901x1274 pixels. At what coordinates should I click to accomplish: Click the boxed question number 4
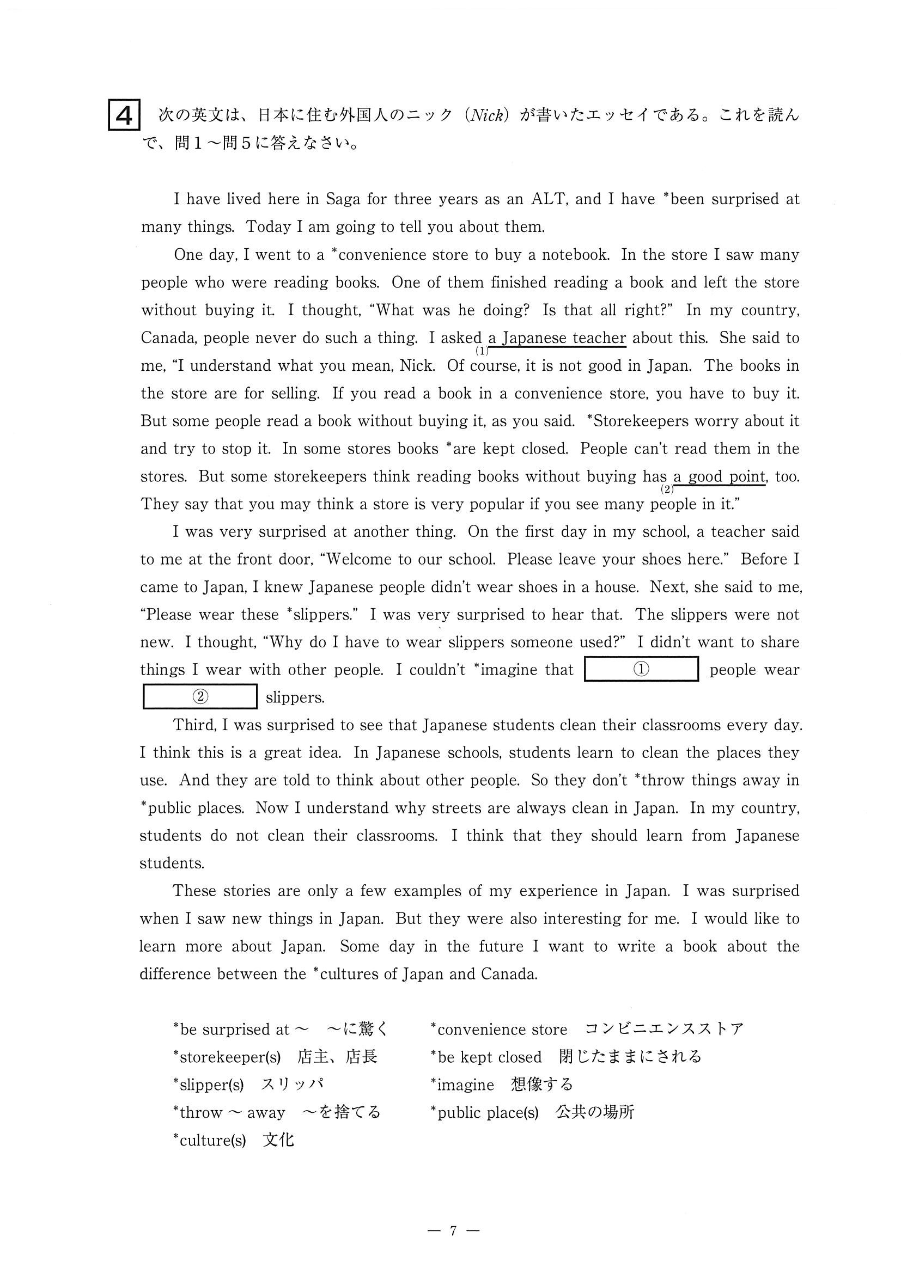tap(124, 115)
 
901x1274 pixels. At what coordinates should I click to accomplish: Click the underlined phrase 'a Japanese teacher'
tap(557, 338)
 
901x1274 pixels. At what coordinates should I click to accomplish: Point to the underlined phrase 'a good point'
tap(719, 476)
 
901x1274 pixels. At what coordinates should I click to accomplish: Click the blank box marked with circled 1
tap(641, 669)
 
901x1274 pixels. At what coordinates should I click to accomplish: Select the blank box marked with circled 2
tap(200, 697)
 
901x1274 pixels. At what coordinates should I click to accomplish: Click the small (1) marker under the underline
tap(482, 351)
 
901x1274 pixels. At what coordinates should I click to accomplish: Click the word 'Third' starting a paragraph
tap(194, 725)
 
